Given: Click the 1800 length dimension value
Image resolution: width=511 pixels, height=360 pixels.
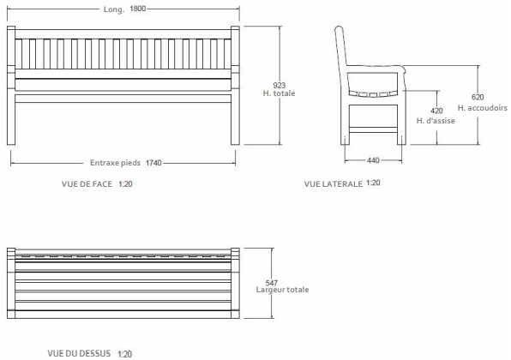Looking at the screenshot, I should pyautogui.click(x=139, y=8).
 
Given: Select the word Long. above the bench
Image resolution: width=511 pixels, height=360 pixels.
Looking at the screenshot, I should pyautogui.click(x=111, y=8).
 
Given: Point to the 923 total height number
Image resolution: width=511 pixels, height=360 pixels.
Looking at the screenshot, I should pyautogui.click(x=279, y=85).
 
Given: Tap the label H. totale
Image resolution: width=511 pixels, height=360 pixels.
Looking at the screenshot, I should pyautogui.click(x=279, y=93).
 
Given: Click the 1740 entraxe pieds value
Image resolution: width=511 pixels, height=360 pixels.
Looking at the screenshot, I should pyautogui.click(x=154, y=162).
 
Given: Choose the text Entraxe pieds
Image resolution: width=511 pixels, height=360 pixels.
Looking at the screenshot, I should pyautogui.click(x=116, y=162).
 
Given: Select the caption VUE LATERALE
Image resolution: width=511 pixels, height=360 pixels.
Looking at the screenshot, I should pyautogui.click(x=333, y=183).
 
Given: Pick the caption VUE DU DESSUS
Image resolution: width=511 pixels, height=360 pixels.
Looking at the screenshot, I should pyautogui.click(x=80, y=352).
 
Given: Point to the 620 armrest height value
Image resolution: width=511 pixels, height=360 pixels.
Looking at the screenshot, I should pyautogui.click(x=478, y=98).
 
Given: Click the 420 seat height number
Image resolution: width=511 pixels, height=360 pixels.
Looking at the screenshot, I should pyautogui.click(x=436, y=111).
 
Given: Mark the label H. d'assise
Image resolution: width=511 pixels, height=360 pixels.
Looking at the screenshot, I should pyautogui.click(x=435, y=121).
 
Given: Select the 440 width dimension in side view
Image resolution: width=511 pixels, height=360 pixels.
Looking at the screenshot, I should pyautogui.click(x=373, y=160).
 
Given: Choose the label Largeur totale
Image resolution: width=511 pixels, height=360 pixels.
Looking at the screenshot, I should pyautogui.click(x=283, y=289).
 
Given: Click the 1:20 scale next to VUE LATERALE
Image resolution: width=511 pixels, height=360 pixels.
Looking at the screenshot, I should pyautogui.click(x=374, y=183).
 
